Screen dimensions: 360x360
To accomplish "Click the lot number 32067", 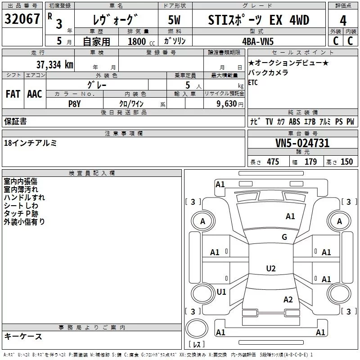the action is point(22,20).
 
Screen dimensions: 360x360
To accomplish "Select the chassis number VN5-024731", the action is point(302,143).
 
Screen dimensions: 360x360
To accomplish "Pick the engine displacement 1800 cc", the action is point(138,41).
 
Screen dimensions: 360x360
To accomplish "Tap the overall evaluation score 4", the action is point(343,20).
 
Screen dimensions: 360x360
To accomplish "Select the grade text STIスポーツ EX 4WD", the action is point(259,20).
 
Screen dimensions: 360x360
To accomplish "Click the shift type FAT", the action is point(13,94).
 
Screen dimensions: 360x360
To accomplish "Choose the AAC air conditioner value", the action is point(35,94).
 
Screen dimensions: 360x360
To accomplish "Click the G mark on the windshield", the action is point(284,237).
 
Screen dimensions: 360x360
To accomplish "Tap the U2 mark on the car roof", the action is point(270,269).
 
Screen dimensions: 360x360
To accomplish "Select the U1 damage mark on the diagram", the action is point(221,292).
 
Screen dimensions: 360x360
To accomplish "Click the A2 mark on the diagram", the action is point(288,300).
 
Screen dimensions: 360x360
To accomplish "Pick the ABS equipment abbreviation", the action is point(294,122).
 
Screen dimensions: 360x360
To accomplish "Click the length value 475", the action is point(273,162).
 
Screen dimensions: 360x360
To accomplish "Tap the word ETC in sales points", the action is point(253,82).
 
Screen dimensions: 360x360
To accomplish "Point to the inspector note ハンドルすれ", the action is point(24,197).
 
